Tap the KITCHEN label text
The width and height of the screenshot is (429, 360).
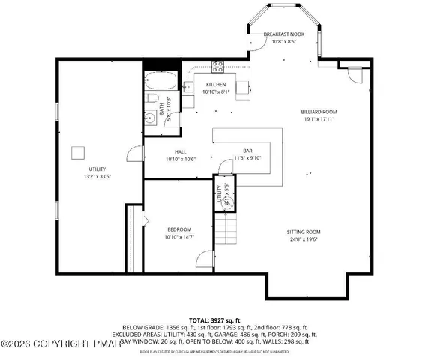pos(217,84)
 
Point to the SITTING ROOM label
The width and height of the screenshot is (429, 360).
pos(303,232)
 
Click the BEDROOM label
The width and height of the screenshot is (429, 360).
pos(178,229)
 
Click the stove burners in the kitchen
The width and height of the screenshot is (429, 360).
pos(217,64)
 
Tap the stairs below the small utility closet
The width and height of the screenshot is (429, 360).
pos(229,227)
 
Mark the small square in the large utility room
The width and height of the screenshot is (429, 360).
pos(77,153)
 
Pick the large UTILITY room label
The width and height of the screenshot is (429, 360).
pos(97,170)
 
